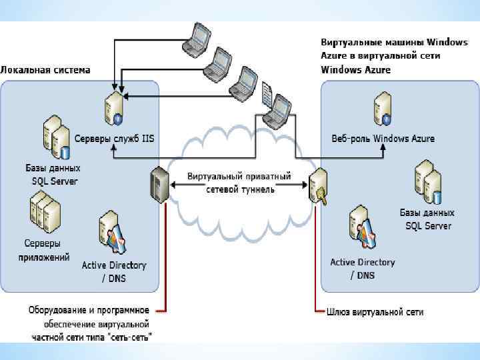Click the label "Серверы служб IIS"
[x=114, y=139]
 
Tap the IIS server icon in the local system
[x=114, y=108]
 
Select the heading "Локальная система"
[x=45, y=70]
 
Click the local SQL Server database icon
[x=57, y=137]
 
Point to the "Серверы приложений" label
[x=44, y=250]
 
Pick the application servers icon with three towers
[x=45, y=212]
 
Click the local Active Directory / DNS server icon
[x=113, y=232]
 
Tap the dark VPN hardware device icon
[x=159, y=185]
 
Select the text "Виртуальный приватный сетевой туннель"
[x=239, y=183]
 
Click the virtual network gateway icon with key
[x=318, y=186]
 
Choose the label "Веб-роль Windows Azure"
[x=383, y=139]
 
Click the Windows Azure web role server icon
[x=383, y=108]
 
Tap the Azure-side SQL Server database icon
[x=428, y=182]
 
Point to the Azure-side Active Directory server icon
[x=363, y=227]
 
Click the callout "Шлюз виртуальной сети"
[x=375, y=312]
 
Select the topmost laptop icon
[x=197, y=37]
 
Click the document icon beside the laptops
[x=267, y=94]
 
